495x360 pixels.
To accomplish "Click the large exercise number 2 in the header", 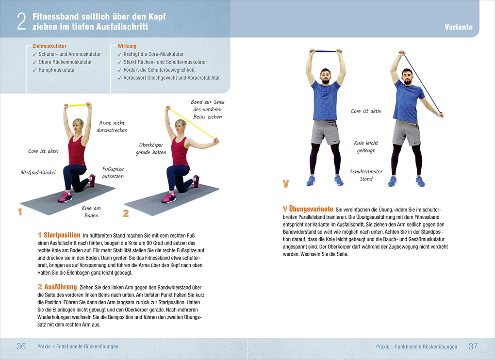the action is pos(21,21).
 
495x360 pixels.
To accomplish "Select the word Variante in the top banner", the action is pos(459,27).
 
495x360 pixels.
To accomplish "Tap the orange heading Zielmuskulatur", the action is pos(49,46).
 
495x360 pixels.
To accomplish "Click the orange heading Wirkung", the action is pos(127,46).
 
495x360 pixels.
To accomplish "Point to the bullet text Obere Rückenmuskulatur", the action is pos(65,62).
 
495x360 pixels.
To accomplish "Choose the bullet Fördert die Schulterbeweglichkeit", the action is pos(159,70).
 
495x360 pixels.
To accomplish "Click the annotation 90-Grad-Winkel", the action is pos(38,172).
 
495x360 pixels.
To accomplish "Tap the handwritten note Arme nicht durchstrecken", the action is pos(112,126).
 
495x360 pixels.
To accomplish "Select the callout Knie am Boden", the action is pos(91,212).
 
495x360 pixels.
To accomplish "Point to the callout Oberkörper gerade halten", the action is pos(151,148).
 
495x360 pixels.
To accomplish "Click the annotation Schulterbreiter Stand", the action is pos(366,175).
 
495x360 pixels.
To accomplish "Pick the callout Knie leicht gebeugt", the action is pos(366,147).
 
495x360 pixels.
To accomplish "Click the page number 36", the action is pos(21,346).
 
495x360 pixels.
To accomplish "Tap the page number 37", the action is pos(473,346).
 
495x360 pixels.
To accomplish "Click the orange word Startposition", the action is pos(62,235).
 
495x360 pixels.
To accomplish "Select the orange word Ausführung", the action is pos(60,287).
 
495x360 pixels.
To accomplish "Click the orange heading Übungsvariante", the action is pos(311,209).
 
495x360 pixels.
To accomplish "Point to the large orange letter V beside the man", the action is pos(286,183).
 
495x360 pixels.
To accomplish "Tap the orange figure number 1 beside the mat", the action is pos(20,212).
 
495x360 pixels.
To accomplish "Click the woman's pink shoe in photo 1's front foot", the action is pos(65,197).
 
